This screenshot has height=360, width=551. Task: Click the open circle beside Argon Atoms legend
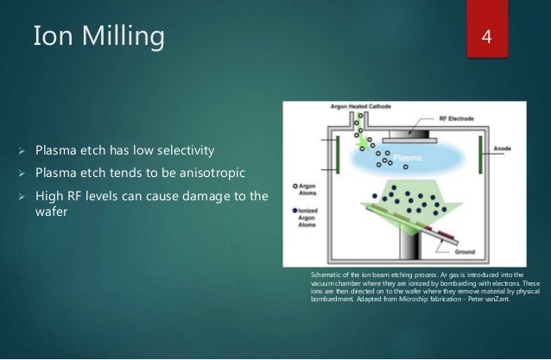point(296,186)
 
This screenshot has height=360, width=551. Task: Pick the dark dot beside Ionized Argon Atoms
point(296,207)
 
